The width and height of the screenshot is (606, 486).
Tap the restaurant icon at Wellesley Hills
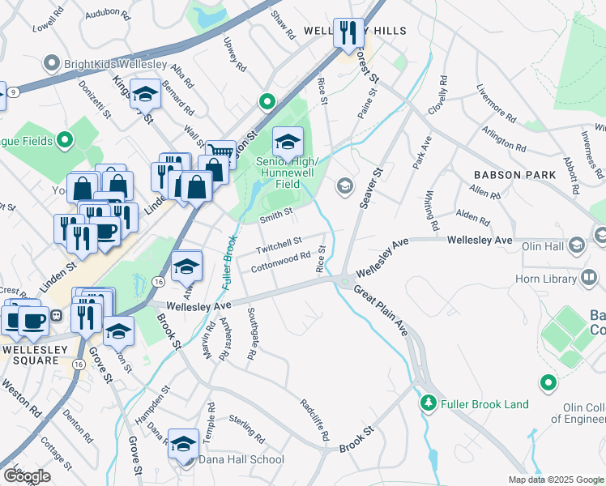pos(349,33)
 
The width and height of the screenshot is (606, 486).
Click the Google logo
pos(27,475)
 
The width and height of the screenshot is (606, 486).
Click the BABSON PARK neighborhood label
pos(515,175)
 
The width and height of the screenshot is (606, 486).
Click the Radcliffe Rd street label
pos(314,420)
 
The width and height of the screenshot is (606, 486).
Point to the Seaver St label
pos(370,188)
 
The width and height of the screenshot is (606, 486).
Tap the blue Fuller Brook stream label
pos(228,263)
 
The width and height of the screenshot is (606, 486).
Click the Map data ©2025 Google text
pos(555,479)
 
